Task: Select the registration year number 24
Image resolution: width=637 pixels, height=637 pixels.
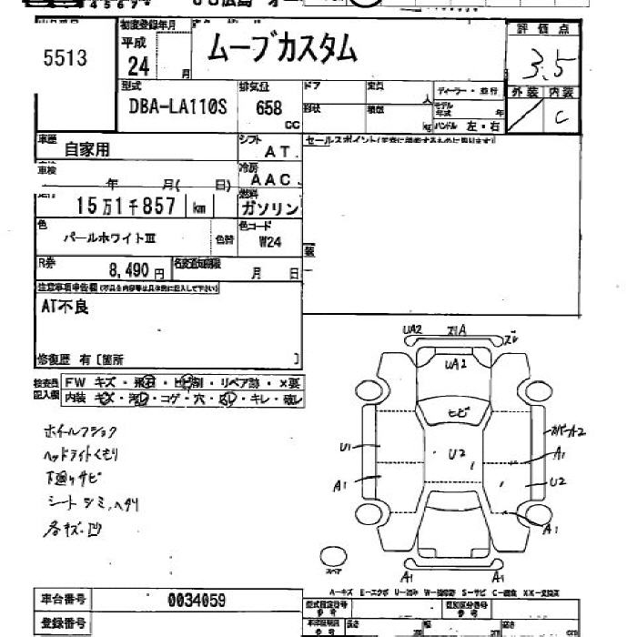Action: (x=137, y=65)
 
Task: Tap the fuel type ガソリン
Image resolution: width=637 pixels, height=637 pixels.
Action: (x=273, y=208)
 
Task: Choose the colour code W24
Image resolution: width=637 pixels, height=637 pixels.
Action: (x=270, y=242)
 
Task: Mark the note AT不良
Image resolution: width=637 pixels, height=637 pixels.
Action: (x=65, y=307)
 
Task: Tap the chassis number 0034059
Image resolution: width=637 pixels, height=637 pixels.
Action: (x=197, y=600)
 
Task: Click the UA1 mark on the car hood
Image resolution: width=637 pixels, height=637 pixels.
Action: (x=455, y=364)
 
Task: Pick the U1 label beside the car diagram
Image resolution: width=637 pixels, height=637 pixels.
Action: (x=346, y=447)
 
